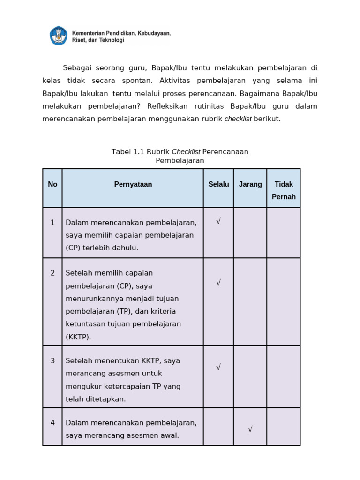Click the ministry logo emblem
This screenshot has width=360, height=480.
tap(59, 36)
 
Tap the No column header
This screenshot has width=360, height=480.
tap(52, 185)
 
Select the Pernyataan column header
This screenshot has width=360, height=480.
tap(133, 185)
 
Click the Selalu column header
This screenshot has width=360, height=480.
tap(218, 185)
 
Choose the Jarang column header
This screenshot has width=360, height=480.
tap(250, 185)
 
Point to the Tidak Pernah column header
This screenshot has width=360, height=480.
tap(284, 190)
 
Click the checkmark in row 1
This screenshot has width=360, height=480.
tap(218, 221)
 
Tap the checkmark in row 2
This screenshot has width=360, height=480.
tap(218, 283)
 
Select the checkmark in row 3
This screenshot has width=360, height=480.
tap(218, 367)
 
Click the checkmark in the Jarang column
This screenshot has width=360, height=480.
tap(250, 429)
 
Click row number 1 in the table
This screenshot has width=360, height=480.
tap(52, 223)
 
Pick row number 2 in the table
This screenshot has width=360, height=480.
tap(52, 273)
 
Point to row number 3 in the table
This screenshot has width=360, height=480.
tap(52, 361)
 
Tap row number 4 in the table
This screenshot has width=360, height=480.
tap(52, 423)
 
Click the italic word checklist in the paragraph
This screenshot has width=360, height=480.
tap(238, 119)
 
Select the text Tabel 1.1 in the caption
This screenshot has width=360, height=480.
tap(128, 152)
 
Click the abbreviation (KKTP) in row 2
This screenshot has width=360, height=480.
tap(78, 337)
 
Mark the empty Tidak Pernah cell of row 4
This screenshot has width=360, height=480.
tap(284, 427)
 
